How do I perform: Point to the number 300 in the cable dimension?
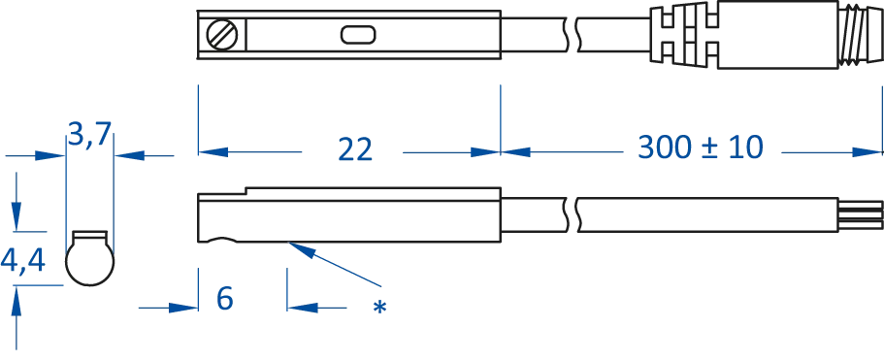tap(663, 148)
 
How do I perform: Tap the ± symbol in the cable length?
tap(708, 148)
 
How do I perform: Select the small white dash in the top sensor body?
tap(360, 38)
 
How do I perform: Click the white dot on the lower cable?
tap(571, 207)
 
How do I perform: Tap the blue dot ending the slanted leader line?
tap(379, 307)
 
